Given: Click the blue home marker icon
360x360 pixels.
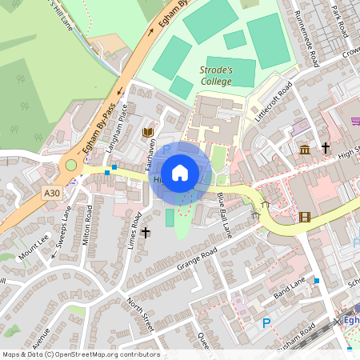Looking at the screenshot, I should pyautogui.click(x=180, y=173).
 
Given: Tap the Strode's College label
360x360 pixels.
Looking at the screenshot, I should pyautogui.click(x=216, y=75).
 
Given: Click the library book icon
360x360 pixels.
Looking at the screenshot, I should pyautogui.click(x=147, y=132).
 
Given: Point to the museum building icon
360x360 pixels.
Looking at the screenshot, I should pyautogui.click(x=305, y=150).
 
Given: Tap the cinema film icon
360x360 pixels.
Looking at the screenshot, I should pyautogui.click(x=304, y=216).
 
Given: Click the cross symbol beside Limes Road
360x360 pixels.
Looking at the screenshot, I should pyautogui.click(x=145, y=233).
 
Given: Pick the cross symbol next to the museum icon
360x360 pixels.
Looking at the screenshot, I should pyautogui.click(x=326, y=148).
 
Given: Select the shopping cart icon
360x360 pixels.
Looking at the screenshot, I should pyautogui.click(x=355, y=121).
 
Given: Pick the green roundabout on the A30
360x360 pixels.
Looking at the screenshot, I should pyautogui.click(x=71, y=166).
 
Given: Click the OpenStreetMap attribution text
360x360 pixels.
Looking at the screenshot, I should pyautogui.click(x=81, y=354).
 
